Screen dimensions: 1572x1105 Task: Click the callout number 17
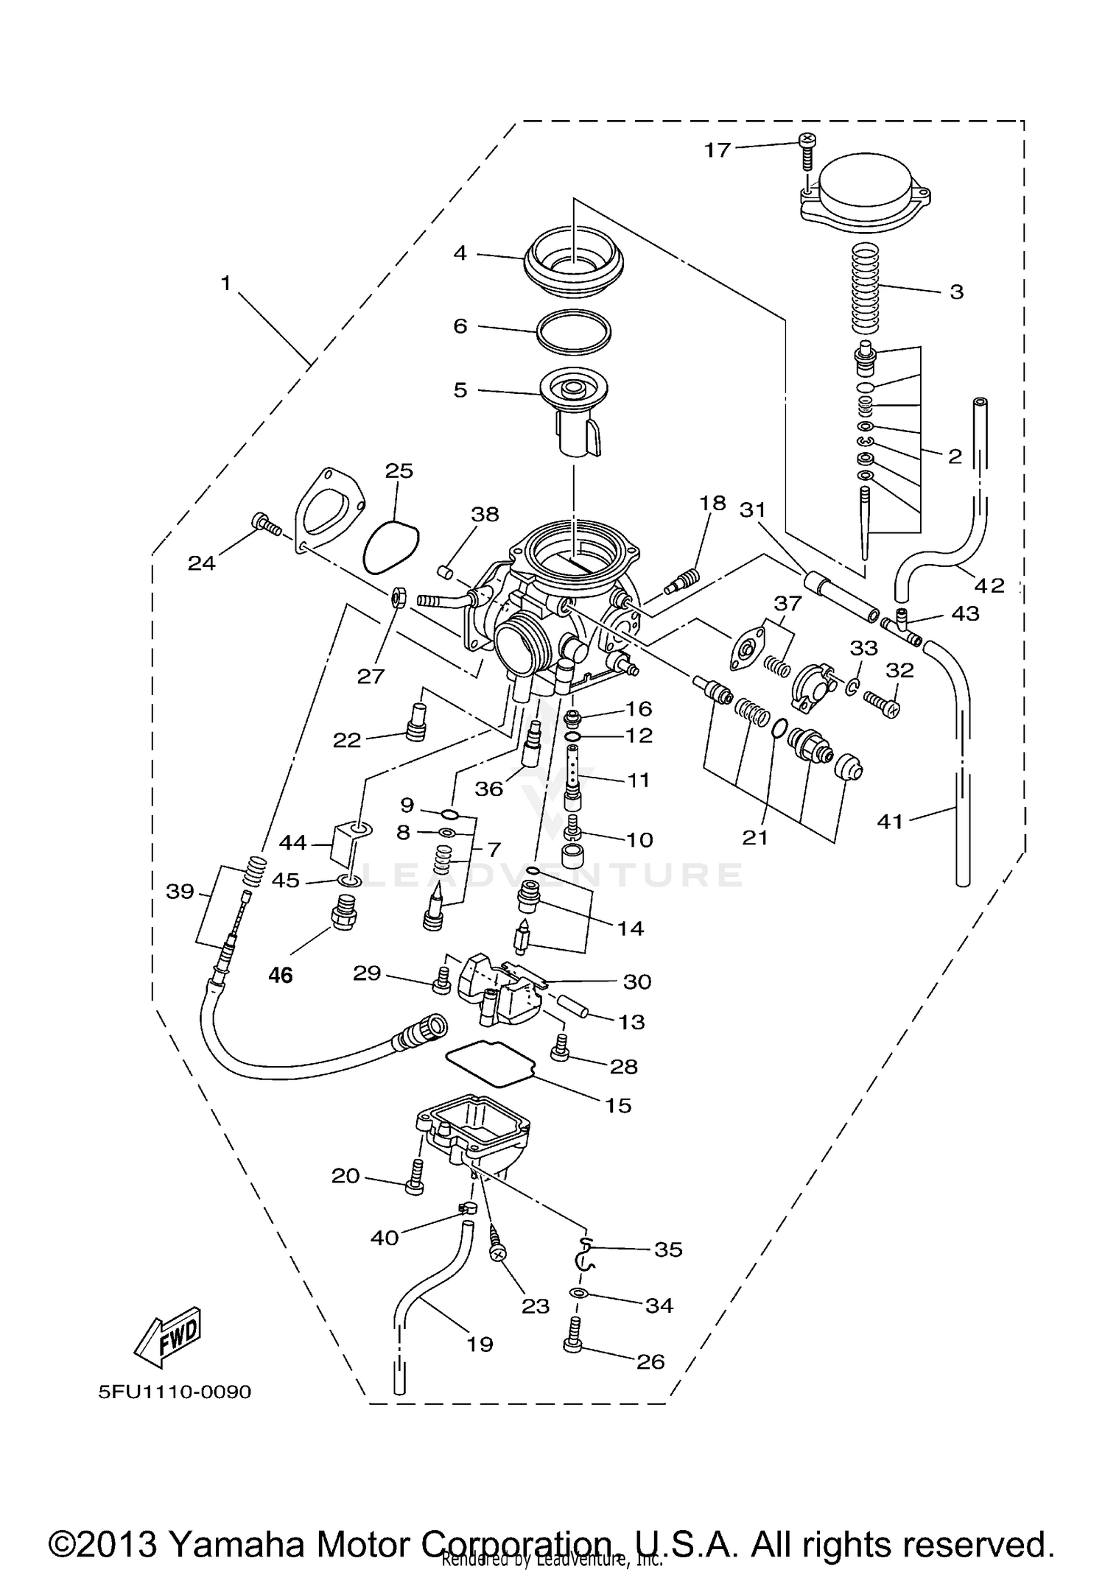717,150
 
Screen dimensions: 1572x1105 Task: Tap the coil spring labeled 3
866,289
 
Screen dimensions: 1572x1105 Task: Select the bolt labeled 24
266,524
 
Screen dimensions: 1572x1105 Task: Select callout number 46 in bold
281,976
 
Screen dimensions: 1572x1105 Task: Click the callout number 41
890,820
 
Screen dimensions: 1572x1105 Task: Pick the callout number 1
226,283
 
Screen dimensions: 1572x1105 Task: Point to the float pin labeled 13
575,1008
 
